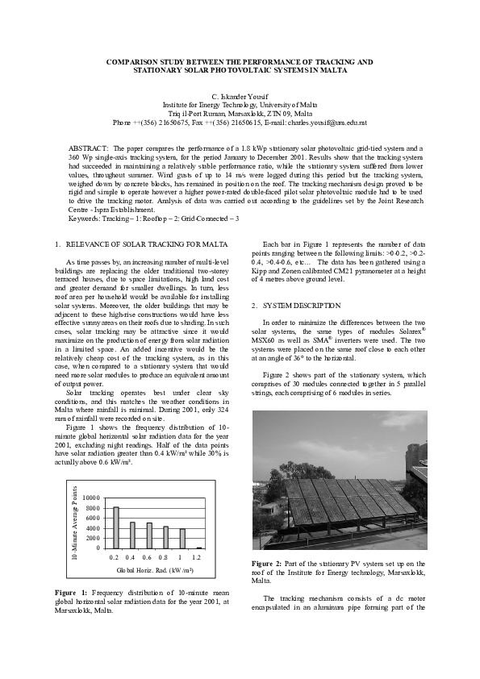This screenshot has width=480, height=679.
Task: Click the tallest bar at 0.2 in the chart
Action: click(116, 527)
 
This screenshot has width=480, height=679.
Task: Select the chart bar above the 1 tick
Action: click(182, 538)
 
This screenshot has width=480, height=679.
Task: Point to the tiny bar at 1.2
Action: click(198, 548)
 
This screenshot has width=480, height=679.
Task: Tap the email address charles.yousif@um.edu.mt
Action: click(321, 122)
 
